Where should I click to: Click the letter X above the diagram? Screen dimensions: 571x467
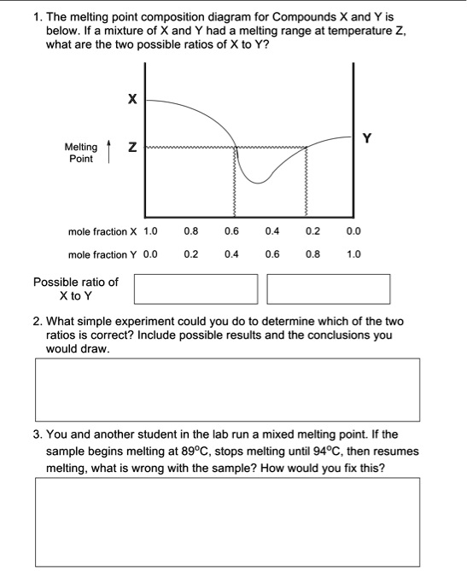pos(131,100)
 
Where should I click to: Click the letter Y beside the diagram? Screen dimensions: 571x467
pos(367,137)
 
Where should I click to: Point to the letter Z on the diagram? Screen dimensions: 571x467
pos(131,149)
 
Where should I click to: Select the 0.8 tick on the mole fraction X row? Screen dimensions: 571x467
pos(191,231)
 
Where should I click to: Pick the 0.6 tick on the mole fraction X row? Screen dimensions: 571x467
pos(231,231)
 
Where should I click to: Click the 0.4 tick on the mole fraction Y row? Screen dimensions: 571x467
pos(231,253)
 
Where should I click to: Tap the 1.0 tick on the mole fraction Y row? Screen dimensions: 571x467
pos(354,253)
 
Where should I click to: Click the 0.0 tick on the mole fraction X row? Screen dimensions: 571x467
pos(354,231)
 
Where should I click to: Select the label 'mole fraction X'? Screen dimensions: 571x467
pos(102,231)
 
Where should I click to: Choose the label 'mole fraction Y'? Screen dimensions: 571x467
pos(102,253)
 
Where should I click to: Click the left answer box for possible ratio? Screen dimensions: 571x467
pos(195,288)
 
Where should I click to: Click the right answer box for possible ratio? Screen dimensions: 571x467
pos(328,288)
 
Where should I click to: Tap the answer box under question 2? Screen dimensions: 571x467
pos(227,388)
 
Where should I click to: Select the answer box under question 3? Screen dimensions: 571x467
pos(227,521)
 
